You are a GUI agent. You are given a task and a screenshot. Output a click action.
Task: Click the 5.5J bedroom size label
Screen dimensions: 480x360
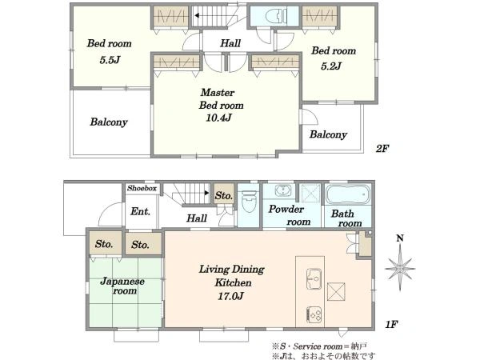point(110,60)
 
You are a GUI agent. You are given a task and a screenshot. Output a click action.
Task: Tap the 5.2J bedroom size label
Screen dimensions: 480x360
point(330,66)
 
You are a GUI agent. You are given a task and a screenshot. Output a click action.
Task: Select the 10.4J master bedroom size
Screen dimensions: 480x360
point(218,118)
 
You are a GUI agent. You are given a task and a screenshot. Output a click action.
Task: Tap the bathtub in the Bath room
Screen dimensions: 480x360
point(348,194)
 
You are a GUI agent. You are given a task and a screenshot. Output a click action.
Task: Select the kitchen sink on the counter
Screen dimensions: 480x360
point(314,278)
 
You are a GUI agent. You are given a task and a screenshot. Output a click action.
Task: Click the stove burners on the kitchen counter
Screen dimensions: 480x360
point(314,314)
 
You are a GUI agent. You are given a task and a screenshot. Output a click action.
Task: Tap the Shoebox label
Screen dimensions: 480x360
point(142,188)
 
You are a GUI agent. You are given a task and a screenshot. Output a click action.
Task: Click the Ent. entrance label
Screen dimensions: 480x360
point(140,211)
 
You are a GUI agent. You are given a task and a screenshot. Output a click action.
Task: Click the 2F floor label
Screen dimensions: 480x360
point(382,149)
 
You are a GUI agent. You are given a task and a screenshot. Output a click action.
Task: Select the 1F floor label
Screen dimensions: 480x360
point(391,325)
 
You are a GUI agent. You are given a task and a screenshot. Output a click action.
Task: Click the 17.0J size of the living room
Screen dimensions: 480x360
point(230,296)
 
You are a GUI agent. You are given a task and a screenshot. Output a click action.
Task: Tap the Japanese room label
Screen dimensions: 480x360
point(122,286)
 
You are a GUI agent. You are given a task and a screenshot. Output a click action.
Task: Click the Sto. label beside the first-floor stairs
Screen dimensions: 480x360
point(224,195)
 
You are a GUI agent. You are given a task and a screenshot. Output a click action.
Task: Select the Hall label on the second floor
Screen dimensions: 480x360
point(230,43)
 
